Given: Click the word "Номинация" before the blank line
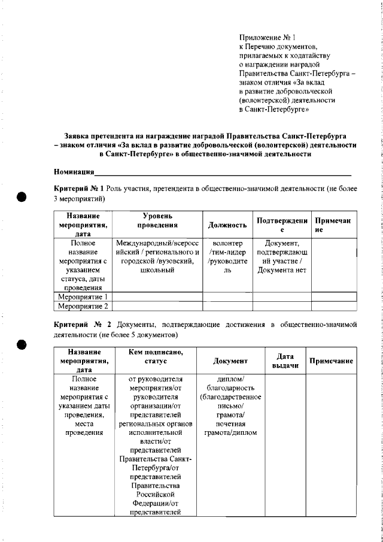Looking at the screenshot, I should coord(74,172).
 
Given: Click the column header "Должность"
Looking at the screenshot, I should coord(227,225).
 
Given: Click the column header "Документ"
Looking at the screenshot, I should coord(230,362).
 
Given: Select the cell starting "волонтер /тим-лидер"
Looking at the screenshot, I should coord(227,257).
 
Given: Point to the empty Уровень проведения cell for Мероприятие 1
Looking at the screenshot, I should coord(157,296).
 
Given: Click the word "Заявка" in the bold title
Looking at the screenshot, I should coord(77,136).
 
